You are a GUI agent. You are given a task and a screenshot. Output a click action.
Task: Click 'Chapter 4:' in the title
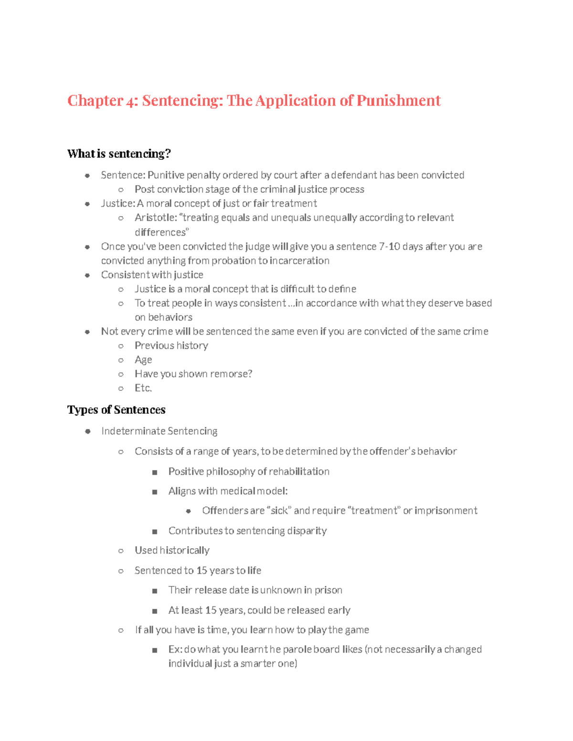[95, 101]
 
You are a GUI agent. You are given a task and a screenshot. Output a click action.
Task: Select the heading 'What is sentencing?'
[119, 154]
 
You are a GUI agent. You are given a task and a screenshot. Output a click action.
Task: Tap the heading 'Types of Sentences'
[116, 410]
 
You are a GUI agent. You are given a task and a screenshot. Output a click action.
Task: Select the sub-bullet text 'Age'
[143, 360]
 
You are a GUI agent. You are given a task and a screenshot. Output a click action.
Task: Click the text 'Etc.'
[143, 388]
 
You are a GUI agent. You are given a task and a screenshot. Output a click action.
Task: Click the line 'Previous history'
[171, 345]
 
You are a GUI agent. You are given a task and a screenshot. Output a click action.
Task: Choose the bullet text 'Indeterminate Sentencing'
[159, 431]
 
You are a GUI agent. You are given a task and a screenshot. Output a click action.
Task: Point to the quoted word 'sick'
[279, 511]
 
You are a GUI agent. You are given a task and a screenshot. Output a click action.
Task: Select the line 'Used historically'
[172, 551]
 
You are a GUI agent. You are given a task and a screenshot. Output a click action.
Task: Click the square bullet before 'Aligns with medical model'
[154, 492]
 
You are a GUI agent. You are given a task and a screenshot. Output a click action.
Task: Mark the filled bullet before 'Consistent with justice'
[87, 275]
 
